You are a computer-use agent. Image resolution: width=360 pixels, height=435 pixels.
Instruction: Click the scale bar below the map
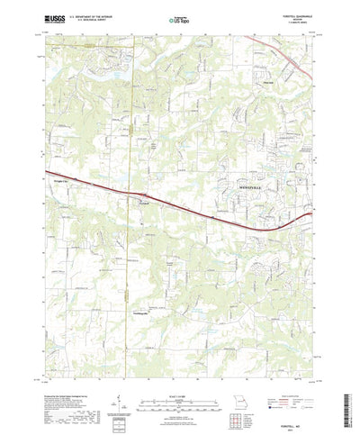click(179, 377)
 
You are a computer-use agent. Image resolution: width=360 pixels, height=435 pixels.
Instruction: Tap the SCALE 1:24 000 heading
click(179, 369)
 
